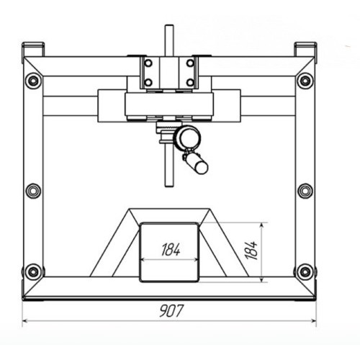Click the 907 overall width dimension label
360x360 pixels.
171,310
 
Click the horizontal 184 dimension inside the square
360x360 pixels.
171,249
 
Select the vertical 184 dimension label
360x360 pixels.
252,251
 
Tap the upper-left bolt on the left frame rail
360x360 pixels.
33,81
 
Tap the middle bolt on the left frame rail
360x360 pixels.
33,191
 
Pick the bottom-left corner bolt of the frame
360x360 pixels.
33,272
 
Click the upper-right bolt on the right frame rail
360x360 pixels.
305,81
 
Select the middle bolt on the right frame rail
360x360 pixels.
305,191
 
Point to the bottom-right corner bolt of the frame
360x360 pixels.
305,272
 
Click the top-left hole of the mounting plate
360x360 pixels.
148,63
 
